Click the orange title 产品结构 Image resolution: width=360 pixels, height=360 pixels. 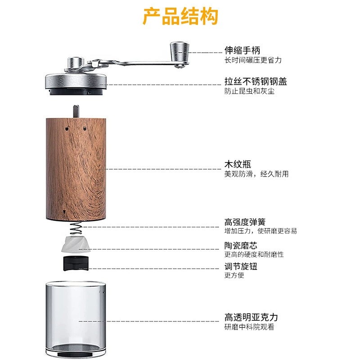point(180,16)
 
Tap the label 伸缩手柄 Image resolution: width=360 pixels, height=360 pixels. point(242,50)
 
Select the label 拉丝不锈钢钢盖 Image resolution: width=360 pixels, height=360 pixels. point(256,81)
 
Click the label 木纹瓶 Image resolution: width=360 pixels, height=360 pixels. point(238,164)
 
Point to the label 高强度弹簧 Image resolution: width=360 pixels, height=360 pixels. point(245,222)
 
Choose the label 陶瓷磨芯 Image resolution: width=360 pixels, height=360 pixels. point(241,245)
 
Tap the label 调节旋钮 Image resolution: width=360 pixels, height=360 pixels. point(241,266)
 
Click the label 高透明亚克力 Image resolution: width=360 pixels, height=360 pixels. point(251,317)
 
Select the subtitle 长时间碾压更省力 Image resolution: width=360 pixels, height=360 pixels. point(253,60)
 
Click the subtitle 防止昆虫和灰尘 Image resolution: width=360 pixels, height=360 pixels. point(249,91)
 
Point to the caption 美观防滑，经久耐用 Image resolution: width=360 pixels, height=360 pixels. point(256,174)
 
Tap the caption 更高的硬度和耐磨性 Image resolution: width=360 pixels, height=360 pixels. point(254,254)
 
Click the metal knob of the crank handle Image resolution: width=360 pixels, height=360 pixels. point(180,52)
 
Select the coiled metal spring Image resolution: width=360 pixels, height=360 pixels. point(76,228)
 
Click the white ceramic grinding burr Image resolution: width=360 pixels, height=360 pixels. point(76,244)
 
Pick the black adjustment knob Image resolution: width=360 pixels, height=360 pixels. point(76,263)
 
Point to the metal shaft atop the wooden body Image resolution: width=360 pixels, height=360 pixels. point(76,111)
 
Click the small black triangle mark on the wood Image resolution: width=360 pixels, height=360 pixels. point(64,212)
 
